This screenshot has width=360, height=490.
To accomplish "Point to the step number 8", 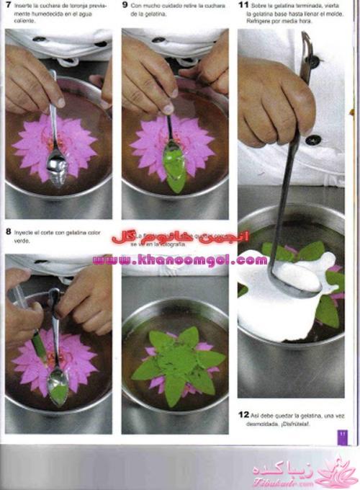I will [8, 231].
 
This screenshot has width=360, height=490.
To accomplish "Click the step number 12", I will [243, 414].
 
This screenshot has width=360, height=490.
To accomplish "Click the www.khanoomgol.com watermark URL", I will [180, 259].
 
